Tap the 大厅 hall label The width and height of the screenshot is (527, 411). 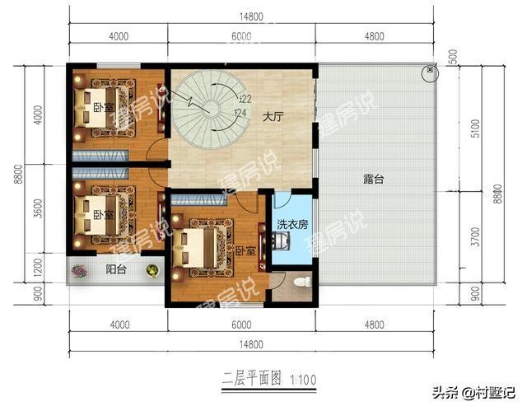pos(273,118)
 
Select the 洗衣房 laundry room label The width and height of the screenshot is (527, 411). pos(291,223)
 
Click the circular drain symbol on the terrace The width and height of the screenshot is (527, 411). pos(430,73)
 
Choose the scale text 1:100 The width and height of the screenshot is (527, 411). pos(301,378)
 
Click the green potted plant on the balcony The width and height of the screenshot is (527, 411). pos(152,269)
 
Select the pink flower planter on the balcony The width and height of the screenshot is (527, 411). pos(80,269)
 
